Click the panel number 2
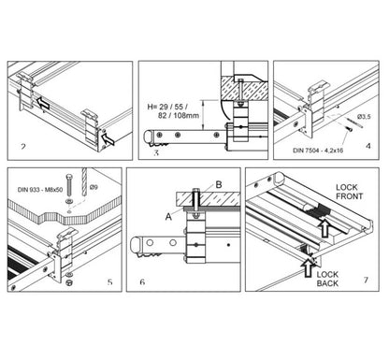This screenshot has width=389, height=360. (x=23, y=147)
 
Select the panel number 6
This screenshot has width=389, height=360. (x=141, y=281)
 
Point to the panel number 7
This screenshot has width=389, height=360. (x=364, y=281)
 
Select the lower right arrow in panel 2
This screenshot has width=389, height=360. (x=110, y=139)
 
